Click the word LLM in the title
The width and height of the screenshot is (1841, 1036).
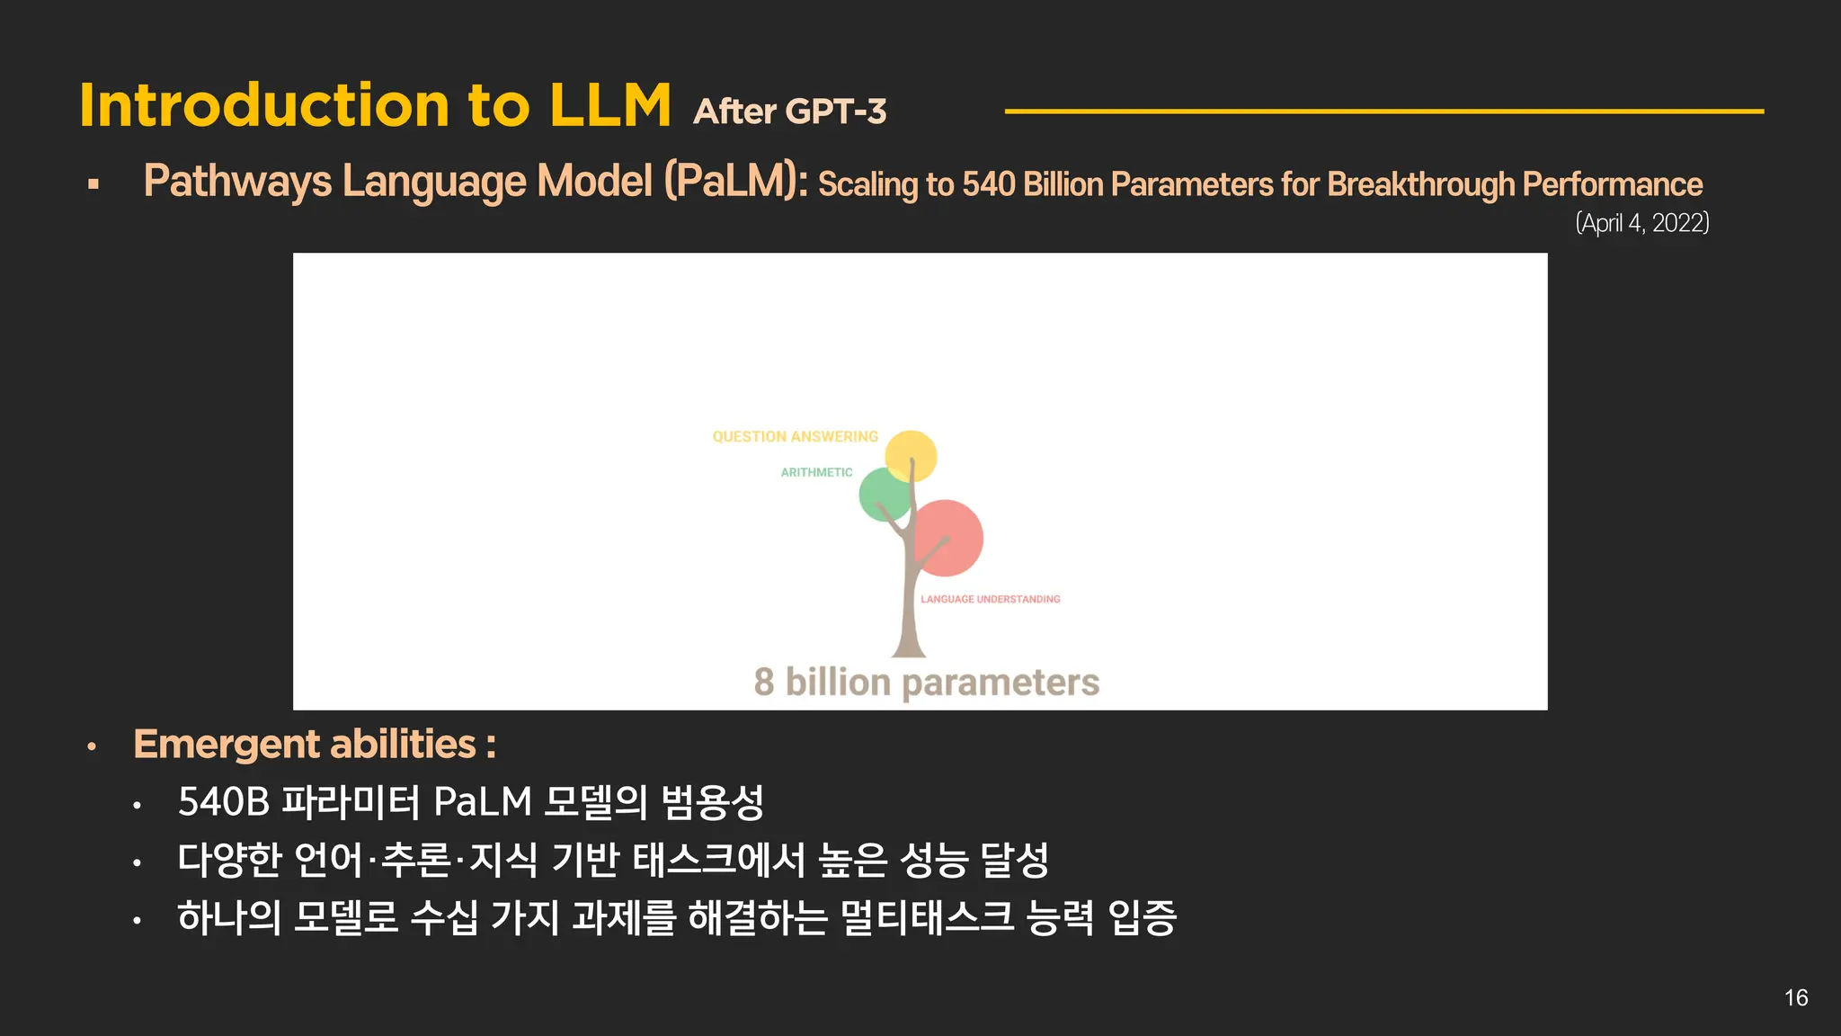(609, 106)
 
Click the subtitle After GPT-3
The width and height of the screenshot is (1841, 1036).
(789, 112)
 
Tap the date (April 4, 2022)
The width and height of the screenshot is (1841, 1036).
(1641, 222)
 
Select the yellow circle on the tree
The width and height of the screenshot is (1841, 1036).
(911, 455)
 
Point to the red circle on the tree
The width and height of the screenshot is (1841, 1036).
(947, 537)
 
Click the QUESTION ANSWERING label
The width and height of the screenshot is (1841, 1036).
(795, 437)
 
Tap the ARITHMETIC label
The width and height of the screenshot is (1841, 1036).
(816, 472)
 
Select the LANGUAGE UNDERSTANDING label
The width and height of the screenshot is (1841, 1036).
(990, 599)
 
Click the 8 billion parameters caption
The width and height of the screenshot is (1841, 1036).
(926, 683)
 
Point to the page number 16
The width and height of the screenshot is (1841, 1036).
(1795, 997)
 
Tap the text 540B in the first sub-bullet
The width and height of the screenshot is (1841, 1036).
(224, 802)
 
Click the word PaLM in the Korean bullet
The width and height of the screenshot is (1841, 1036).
(482, 802)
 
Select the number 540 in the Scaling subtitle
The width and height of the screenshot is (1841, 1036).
(988, 184)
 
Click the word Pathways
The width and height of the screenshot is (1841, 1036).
(237, 181)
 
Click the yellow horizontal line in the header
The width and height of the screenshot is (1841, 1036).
(1383, 112)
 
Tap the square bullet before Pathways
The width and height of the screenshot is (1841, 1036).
(93, 184)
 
